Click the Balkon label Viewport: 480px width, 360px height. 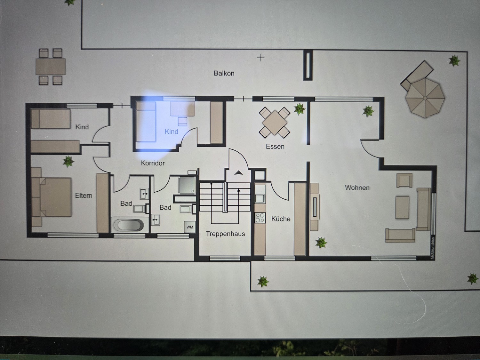224,73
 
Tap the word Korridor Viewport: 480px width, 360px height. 153,163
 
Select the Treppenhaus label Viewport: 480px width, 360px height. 225,234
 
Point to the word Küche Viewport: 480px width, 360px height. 281,219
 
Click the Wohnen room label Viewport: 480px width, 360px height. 357,188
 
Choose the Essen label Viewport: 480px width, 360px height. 275,147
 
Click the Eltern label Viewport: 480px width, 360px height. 84,196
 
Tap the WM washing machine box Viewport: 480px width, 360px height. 189,227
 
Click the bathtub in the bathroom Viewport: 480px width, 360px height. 128,225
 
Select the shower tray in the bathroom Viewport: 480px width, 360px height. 187,186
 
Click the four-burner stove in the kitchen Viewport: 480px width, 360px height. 260,218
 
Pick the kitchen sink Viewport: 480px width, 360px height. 260,198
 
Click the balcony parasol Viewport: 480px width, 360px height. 425,98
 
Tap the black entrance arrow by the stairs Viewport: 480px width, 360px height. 238,173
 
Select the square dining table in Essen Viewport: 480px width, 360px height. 275,123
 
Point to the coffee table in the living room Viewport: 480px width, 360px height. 402,207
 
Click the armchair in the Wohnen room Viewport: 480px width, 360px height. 404,180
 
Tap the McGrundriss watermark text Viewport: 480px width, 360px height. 432,248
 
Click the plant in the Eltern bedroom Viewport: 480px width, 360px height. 68,162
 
